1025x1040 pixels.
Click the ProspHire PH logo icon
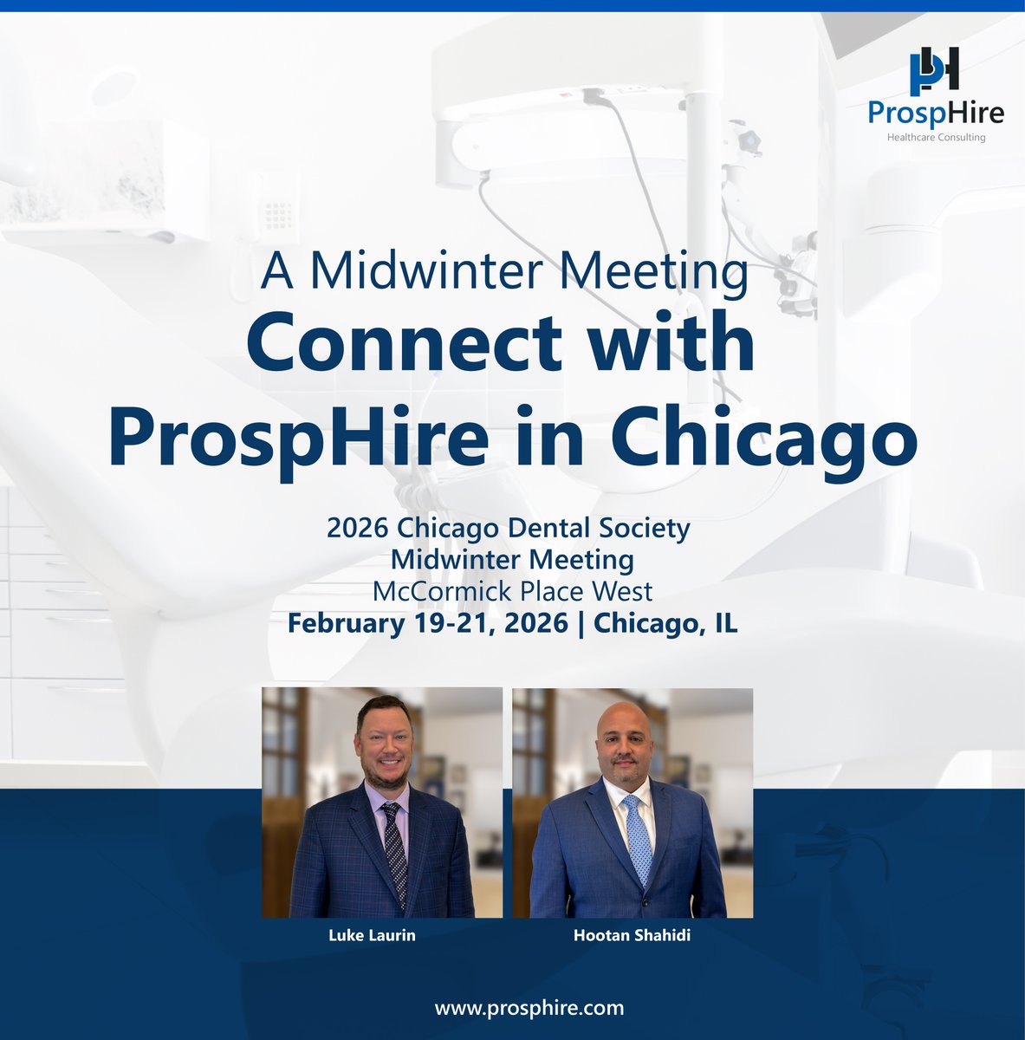934,71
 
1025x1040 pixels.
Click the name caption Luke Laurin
372,936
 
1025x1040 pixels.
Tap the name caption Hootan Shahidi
632,936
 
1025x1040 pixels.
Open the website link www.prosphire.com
529,1008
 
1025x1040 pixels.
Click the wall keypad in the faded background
279,211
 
